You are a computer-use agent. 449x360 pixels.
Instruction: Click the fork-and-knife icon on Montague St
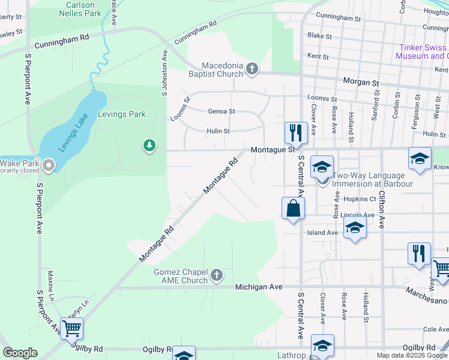click(296, 132)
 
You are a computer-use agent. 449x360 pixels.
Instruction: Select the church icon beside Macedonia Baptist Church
click(252, 70)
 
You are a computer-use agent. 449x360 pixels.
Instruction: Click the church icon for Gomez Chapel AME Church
click(217, 276)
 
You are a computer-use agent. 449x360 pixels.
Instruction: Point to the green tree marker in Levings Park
click(149, 145)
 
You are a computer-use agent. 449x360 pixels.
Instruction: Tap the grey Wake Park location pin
click(49, 164)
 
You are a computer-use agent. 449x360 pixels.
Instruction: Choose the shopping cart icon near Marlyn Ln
click(71, 328)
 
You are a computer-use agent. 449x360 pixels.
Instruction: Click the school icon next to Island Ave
click(355, 229)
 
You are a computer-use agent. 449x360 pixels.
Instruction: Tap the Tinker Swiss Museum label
click(422, 52)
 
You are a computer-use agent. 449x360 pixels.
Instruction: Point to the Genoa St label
click(221, 112)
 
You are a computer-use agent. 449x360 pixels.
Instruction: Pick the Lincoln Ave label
click(357, 215)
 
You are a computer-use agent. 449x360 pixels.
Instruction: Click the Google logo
click(20, 353)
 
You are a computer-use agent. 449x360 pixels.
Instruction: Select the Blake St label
click(319, 36)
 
